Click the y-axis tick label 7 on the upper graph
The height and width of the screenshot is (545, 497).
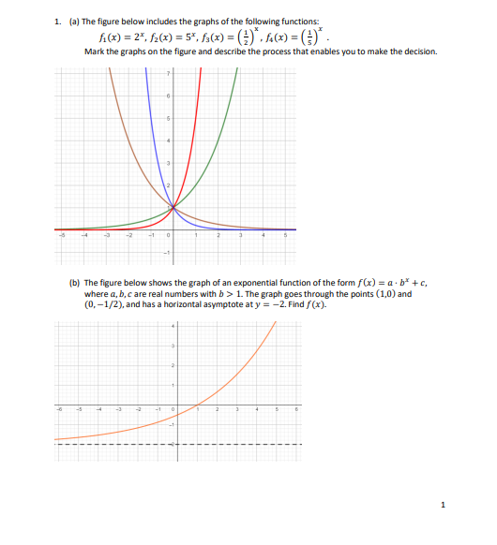(169, 73)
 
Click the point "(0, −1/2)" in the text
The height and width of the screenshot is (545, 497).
(109, 302)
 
